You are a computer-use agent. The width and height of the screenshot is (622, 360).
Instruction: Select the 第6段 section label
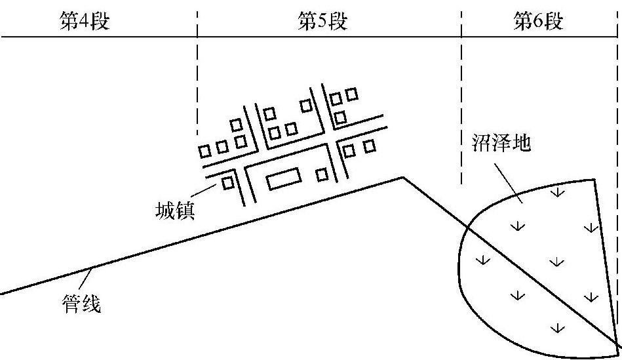(x=538, y=22)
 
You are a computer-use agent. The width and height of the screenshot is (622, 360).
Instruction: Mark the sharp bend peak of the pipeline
(x=402, y=177)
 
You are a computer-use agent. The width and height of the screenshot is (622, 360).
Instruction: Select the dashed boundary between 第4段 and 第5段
(x=197, y=79)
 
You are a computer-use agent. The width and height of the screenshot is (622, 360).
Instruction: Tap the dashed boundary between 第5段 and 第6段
(x=461, y=98)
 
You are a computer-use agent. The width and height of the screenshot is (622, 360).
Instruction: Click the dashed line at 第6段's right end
(x=617, y=131)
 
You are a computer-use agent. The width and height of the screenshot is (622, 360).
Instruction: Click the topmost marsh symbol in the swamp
(x=557, y=193)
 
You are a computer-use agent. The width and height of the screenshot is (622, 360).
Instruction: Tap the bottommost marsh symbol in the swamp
(x=558, y=327)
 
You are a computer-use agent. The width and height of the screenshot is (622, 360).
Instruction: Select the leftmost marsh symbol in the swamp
(x=482, y=260)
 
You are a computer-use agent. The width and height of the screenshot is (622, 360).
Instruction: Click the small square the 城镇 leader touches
(x=228, y=182)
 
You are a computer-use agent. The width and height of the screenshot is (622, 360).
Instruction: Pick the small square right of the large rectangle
(x=322, y=174)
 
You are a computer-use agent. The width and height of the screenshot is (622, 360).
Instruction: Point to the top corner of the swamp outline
(x=594, y=179)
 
